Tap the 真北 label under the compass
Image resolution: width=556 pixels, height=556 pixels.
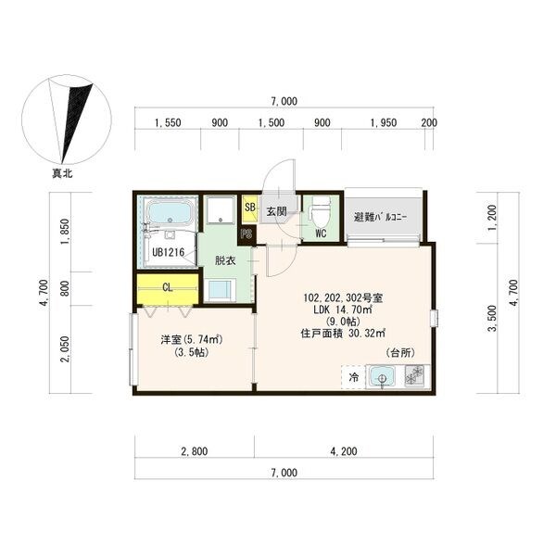pyautogui.click(x=64, y=173)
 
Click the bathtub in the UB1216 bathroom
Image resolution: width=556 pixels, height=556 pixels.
pyautogui.click(x=170, y=215)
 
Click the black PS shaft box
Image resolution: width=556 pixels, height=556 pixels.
pyautogui.click(x=246, y=234)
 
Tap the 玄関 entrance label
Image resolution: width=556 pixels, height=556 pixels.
pyautogui.click(x=277, y=212)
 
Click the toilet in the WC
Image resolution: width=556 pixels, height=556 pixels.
pyautogui.click(x=317, y=208)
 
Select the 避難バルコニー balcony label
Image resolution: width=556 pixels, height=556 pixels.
pyautogui.click(x=385, y=218)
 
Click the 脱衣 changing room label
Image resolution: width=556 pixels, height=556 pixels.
pyautogui.click(x=225, y=260)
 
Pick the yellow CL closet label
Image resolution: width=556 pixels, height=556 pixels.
pyautogui.click(x=167, y=288)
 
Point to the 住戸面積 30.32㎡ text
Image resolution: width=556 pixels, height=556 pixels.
pyautogui.click(x=343, y=334)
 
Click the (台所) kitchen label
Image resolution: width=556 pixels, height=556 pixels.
pyautogui.click(x=401, y=354)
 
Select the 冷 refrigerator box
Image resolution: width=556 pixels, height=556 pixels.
pyautogui.click(x=354, y=378)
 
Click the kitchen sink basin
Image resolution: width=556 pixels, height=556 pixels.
pyautogui.click(x=381, y=378)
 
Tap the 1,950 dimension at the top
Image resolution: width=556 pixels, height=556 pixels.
pyautogui.click(x=384, y=122)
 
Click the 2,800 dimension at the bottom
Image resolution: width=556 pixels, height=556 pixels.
pyautogui.click(x=194, y=452)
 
